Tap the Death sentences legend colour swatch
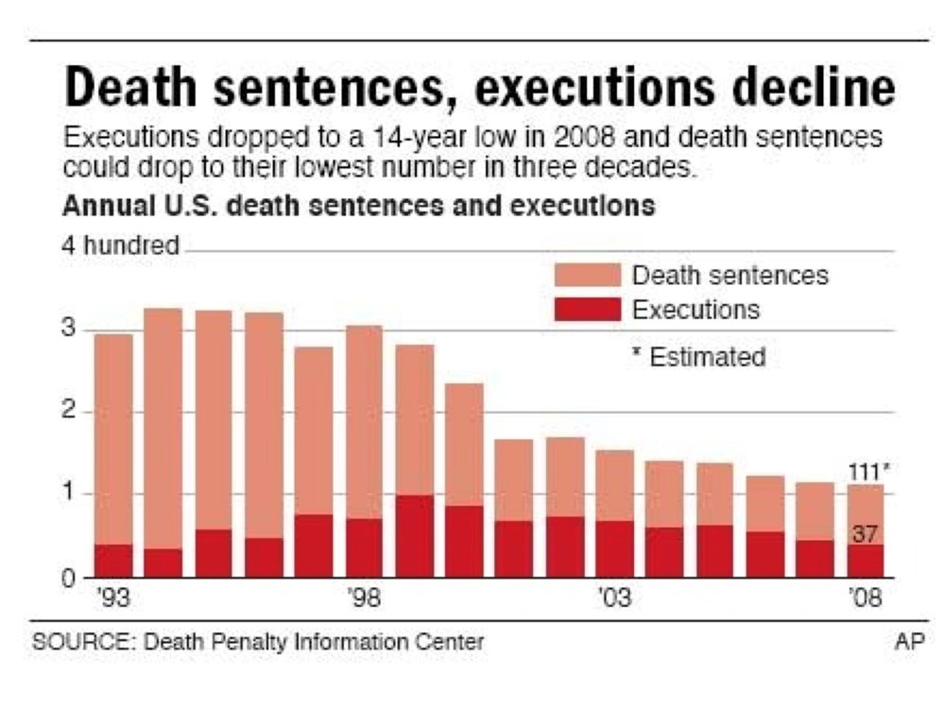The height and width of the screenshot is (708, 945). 587,276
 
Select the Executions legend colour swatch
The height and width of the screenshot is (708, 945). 587,310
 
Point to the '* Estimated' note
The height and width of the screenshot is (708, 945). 698,357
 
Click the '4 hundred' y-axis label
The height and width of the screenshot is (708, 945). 120,245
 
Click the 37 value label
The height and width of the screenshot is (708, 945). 866,533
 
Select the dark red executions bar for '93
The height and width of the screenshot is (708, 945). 113,561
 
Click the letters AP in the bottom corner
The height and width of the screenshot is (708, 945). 907,642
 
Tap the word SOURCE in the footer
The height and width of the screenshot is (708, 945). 69,642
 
